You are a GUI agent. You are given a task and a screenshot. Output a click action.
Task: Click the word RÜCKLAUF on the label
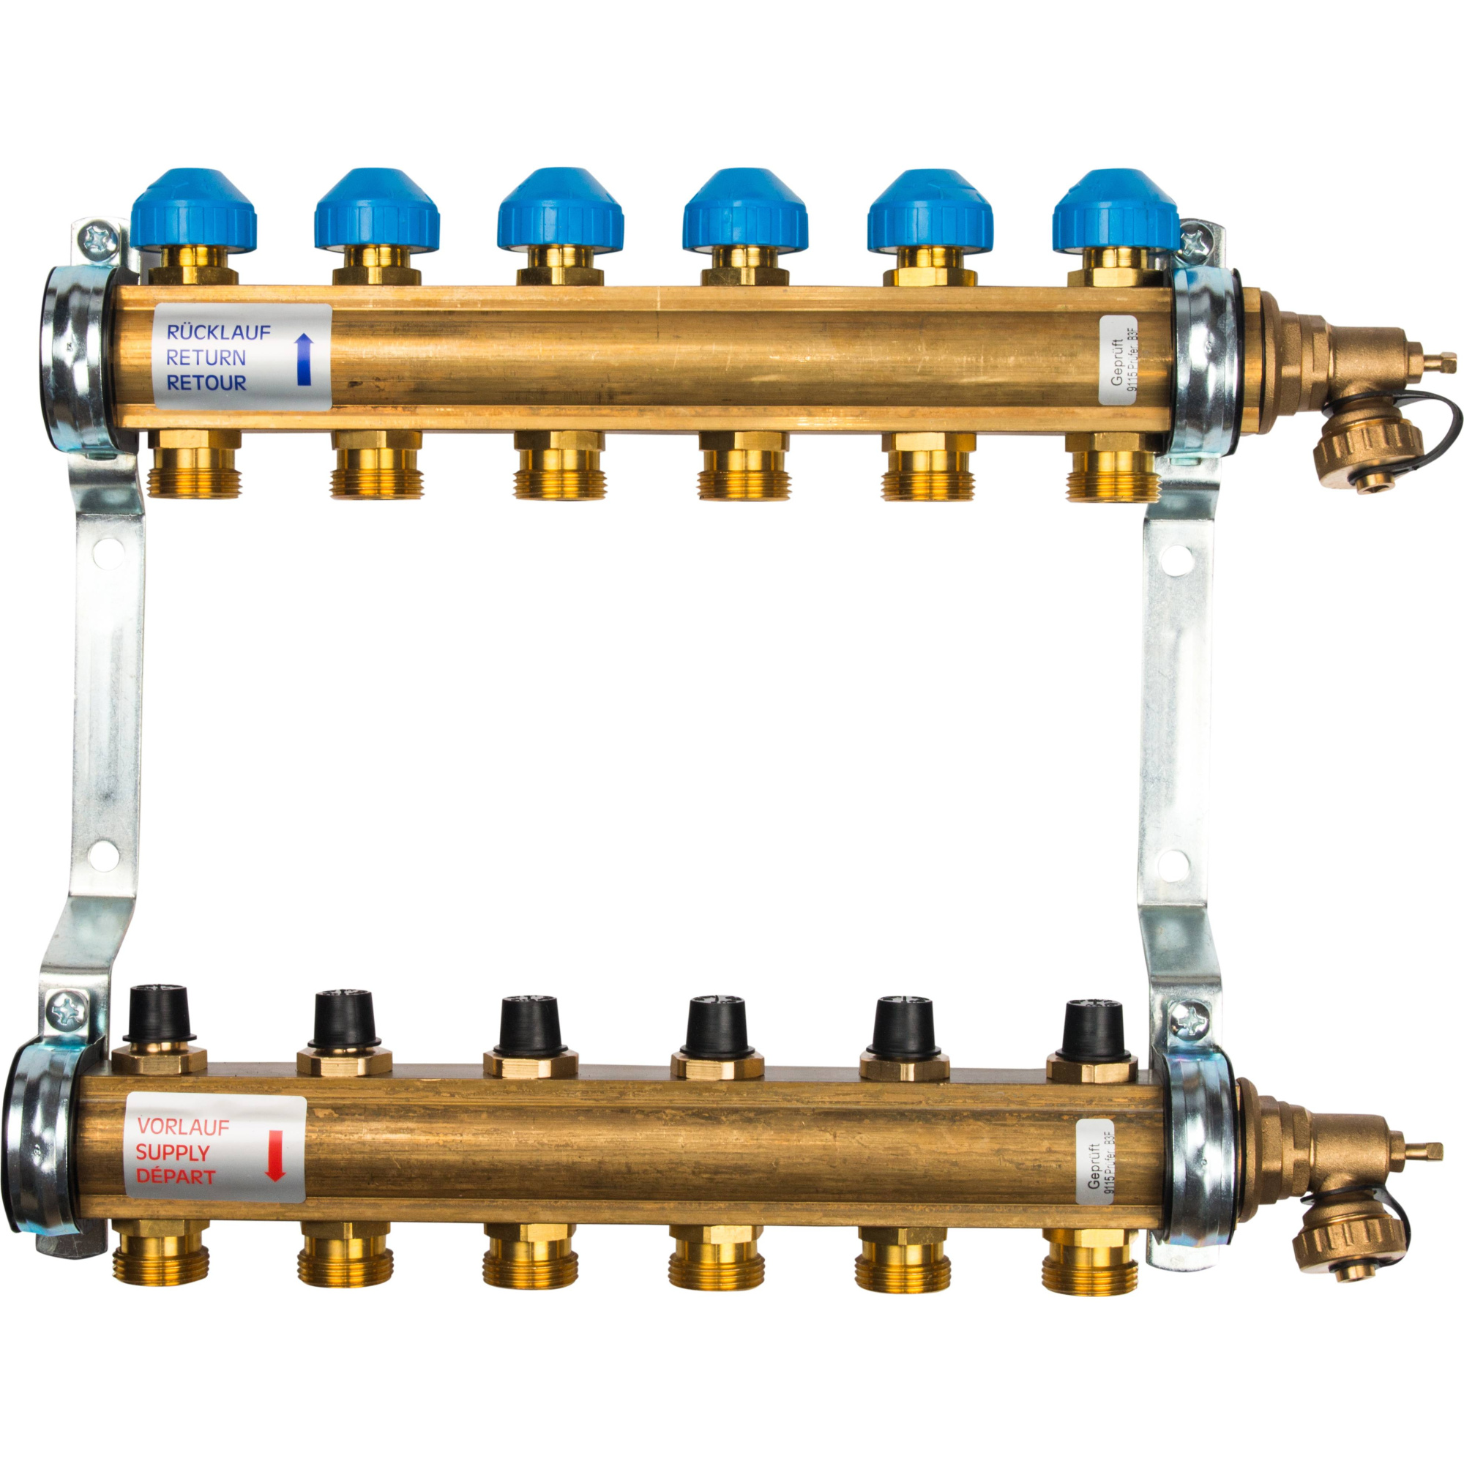click(x=218, y=332)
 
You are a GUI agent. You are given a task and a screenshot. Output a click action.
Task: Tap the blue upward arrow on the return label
click(x=304, y=360)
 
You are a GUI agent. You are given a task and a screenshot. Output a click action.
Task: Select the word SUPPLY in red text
click(x=172, y=1153)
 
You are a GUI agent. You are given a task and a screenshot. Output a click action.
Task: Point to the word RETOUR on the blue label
click(x=206, y=383)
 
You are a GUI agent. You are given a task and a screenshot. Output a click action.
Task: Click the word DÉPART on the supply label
click(x=175, y=1178)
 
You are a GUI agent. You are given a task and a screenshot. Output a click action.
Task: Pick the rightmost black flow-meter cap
click(x=1092, y=1027)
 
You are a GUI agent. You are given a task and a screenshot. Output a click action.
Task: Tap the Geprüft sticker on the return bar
click(x=1118, y=359)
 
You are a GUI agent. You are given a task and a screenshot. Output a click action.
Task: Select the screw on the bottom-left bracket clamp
click(x=64, y=1010)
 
